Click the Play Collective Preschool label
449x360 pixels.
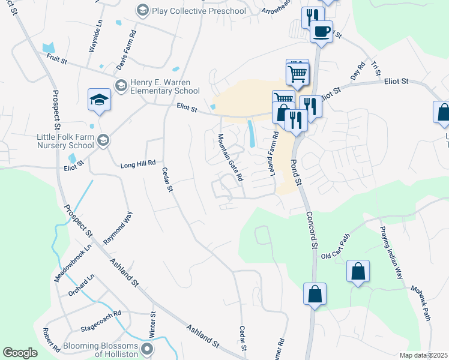tap(198, 11)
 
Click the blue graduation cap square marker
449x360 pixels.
tap(100, 101)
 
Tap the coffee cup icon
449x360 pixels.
tap(321, 31)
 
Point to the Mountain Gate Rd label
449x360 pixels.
tap(230, 158)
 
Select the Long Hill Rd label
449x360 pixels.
tap(138, 163)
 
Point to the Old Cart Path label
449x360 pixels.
tap(336, 247)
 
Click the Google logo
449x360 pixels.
tap(20, 353)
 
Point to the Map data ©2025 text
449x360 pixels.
tap(423, 355)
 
